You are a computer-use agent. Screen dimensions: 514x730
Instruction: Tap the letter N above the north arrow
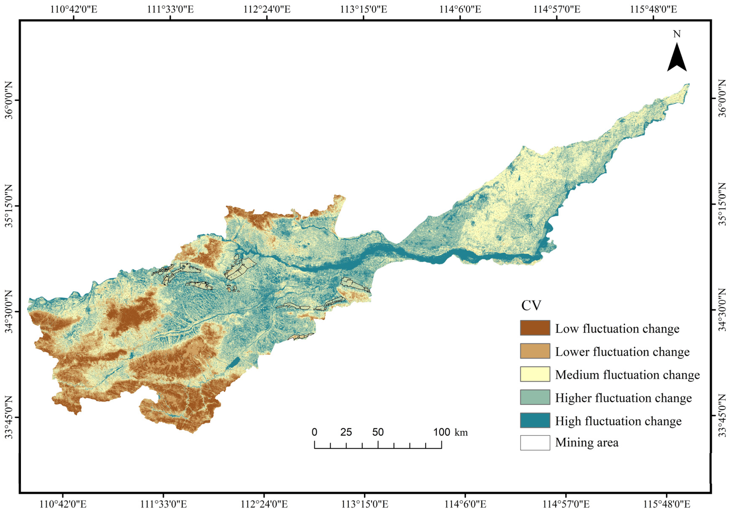(676, 34)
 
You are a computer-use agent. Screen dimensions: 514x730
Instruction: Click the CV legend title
(531, 306)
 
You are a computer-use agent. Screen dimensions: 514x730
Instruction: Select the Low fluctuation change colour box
(535, 328)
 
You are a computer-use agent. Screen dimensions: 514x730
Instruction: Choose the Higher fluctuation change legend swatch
(535, 397)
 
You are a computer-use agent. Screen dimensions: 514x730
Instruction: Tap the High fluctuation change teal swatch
(535, 421)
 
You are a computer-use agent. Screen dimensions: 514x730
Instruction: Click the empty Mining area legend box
(535, 443)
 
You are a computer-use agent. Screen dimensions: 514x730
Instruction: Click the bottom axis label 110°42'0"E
(63, 504)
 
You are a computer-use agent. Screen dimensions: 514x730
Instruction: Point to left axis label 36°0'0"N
(9, 100)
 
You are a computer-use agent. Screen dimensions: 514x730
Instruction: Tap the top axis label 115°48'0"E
(653, 9)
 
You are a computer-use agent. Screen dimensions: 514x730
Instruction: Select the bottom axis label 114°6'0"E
(465, 504)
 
